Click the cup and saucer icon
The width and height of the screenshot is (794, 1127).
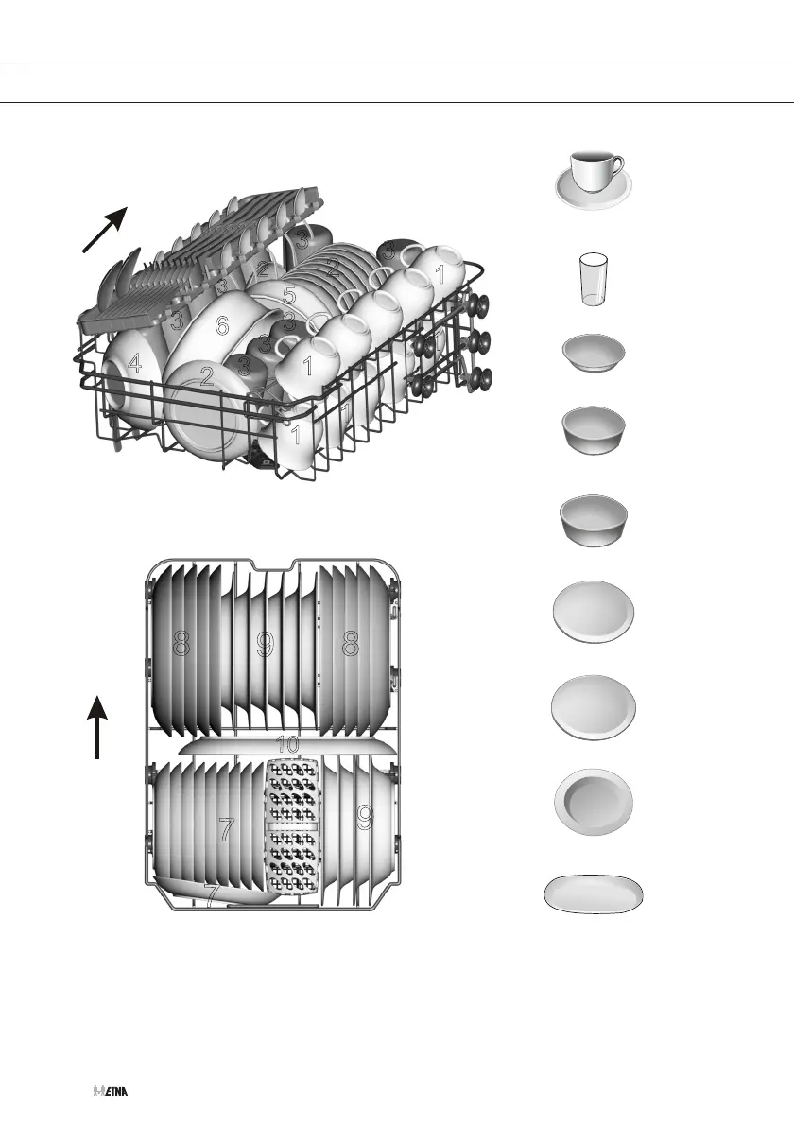pyautogui.click(x=593, y=177)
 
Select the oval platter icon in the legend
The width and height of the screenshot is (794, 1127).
pyautogui.click(x=594, y=894)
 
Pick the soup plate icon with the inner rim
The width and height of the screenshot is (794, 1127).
pyautogui.click(x=593, y=802)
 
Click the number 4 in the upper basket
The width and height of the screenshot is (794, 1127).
pyautogui.click(x=136, y=364)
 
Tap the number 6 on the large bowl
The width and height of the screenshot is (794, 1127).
pyautogui.click(x=221, y=326)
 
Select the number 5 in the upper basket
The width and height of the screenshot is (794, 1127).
pyautogui.click(x=289, y=294)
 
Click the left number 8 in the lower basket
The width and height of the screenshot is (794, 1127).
pyautogui.click(x=181, y=644)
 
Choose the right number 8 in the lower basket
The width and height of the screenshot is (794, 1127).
pyautogui.click(x=351, y=644)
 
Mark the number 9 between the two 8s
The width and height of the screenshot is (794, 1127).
pyautogui.click(x=266, y=644)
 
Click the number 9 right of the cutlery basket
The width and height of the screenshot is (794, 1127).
pyautogui.click(x=365, y=818)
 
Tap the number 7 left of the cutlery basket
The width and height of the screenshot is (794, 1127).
pyautogui.click(x=226, y=830)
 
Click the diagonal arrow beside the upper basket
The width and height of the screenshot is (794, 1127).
pyautogui.click(x=104, y=230)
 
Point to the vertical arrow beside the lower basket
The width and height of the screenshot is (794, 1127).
pyautogui.click(x=97, y=726)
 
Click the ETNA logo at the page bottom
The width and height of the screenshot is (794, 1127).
pyautogui.click(x=111, y=1090)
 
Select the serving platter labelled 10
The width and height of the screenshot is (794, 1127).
pyautogui.click(x=284, y=747)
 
